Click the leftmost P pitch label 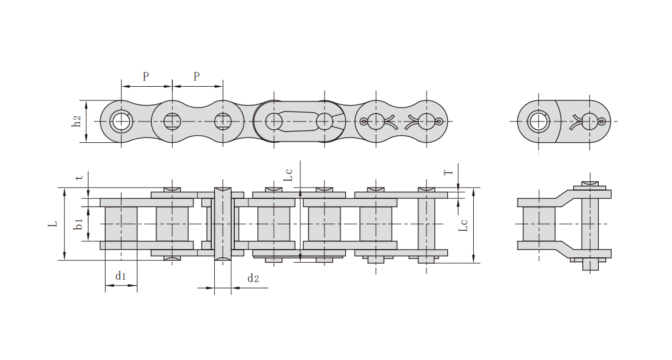point(146,76)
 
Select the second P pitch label point(196,76)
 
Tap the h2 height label point(76,122)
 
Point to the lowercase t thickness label point(79,177)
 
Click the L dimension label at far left point(53,224)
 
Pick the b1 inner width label point(77,224)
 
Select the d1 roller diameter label point(120,276)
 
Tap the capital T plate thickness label point(448,172)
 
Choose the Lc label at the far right point(463,226)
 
